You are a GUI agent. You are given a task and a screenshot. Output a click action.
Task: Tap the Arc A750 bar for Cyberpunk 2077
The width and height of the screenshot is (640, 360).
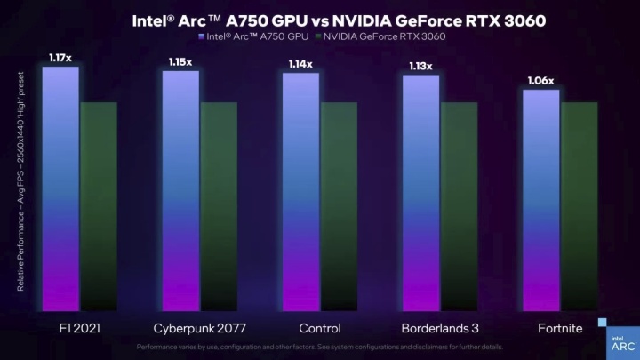click(x=180, y=191)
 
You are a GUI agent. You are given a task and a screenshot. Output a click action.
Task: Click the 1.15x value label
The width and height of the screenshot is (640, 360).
click(x=180, y=62)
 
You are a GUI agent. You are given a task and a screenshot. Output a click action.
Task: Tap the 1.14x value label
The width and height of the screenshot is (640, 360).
click(x=300, y=64)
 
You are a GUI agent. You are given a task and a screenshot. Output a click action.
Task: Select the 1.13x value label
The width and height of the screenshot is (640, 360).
click(x=420, y=66)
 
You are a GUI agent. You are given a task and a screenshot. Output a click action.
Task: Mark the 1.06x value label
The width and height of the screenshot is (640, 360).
click(x=540, y=81)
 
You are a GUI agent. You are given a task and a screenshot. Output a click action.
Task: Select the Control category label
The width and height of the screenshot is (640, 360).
click(x=319, y=328)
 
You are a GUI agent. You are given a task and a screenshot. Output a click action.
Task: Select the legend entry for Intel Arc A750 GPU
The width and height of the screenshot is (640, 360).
click(x=253, y=36)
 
